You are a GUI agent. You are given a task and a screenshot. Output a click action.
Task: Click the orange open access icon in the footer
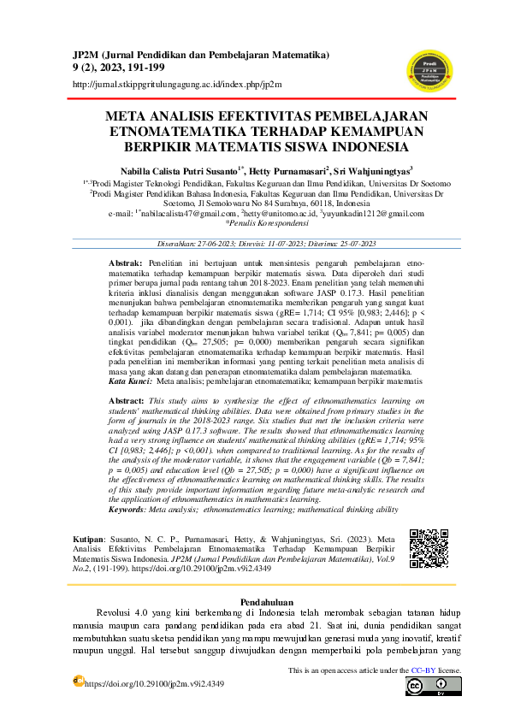pos(78,681)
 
